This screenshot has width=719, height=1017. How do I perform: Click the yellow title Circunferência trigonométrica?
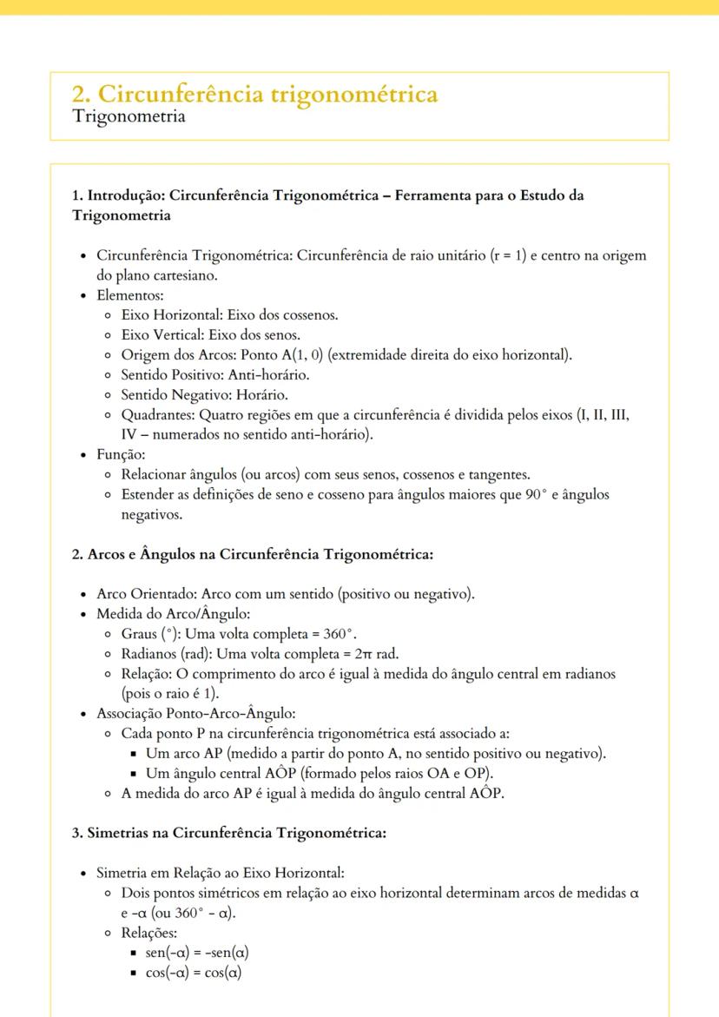pyautogui.click(x=254, y=94)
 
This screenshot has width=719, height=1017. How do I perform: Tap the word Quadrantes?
pyautogui.click(x=157, y=415)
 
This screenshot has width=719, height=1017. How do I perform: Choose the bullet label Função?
pyautogui.click(x=121, y=455)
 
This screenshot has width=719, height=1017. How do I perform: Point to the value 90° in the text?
pyautogui.click(x=538, y=495)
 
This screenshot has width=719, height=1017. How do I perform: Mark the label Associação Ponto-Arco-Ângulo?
pyautogui.click(x=195, y=714)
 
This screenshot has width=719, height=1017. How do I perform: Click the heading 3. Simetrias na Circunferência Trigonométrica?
pyautogui.click(x=228, y=833)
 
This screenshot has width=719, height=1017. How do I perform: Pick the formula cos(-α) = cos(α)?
pyautogui.click(x=193, y=973)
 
